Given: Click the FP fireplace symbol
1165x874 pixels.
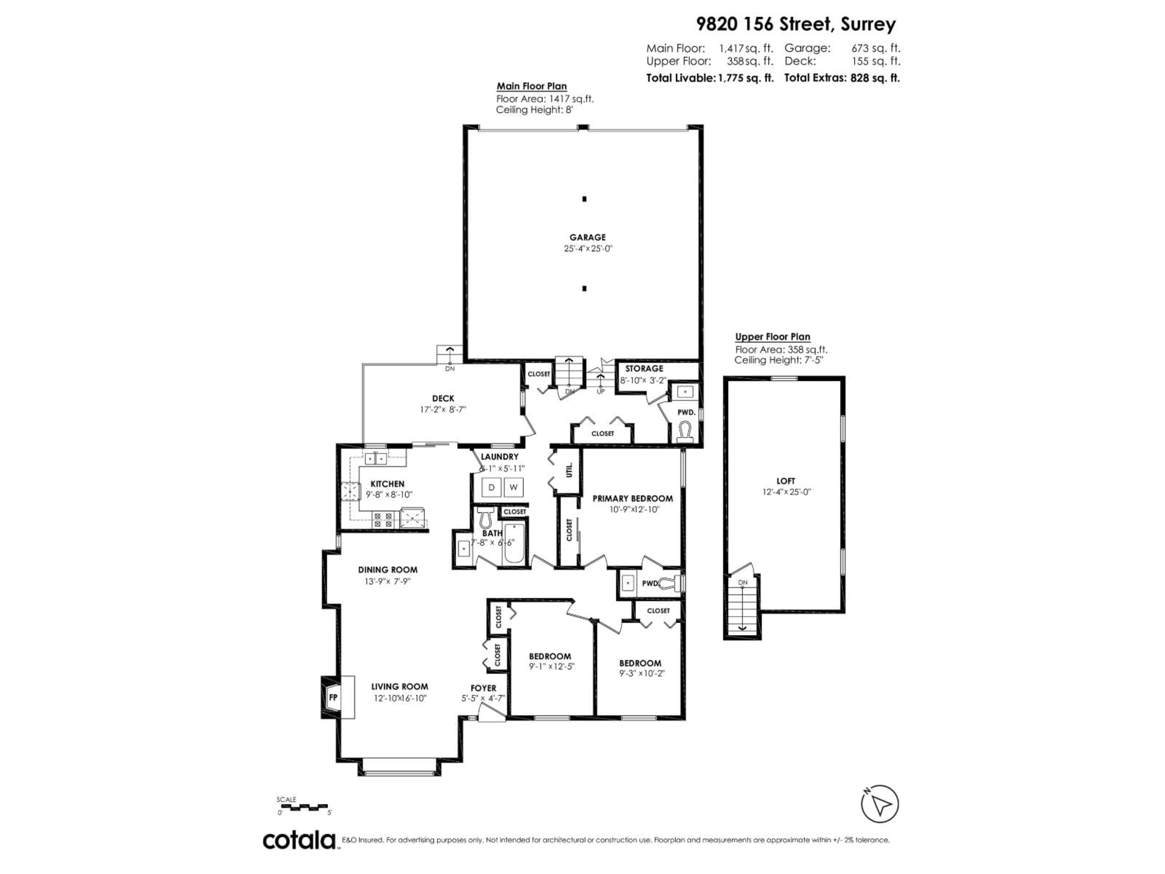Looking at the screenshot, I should coord(333,697).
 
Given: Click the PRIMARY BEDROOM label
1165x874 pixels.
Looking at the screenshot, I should coord(633,498).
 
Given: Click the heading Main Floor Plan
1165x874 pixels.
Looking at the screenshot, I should coord(532,86).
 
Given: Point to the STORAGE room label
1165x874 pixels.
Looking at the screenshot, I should coord(644,368).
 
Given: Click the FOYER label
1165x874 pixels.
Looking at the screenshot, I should coord(483,688).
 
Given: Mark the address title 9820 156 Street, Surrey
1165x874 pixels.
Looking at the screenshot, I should coord(796,24).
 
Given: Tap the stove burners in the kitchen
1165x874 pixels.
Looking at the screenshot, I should coord(383,520).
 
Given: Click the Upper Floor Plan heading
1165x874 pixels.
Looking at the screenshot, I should coord(773,337).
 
